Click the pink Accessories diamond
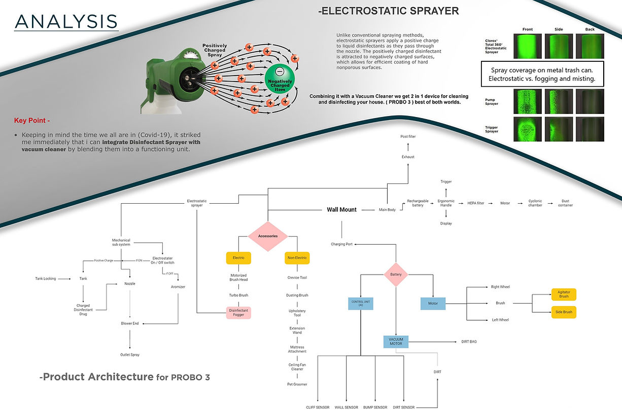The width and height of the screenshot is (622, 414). [268, 236]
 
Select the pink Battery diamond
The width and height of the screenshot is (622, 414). [396, 275]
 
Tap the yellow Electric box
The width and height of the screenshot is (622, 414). [238, 258]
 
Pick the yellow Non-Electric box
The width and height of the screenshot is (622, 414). [297, 258]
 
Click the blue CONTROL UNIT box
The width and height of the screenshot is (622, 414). [361, 303]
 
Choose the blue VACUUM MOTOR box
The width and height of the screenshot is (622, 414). [396, 342]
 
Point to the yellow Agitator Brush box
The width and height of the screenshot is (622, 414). [564, 294]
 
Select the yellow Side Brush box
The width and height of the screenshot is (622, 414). [564, 312]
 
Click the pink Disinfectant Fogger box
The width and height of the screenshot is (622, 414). [238, 313]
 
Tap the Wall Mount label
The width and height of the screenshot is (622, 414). [341, 209]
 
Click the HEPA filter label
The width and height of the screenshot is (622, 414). [475, 203]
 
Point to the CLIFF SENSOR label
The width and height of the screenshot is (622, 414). [318, 407]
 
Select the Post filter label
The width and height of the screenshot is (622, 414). [408, 137]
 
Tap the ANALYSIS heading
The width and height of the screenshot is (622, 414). [66, 21]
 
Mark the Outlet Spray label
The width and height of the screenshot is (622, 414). [130, 355]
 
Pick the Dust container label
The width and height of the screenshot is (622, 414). [565, 203]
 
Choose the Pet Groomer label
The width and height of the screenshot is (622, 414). [297, 384]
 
